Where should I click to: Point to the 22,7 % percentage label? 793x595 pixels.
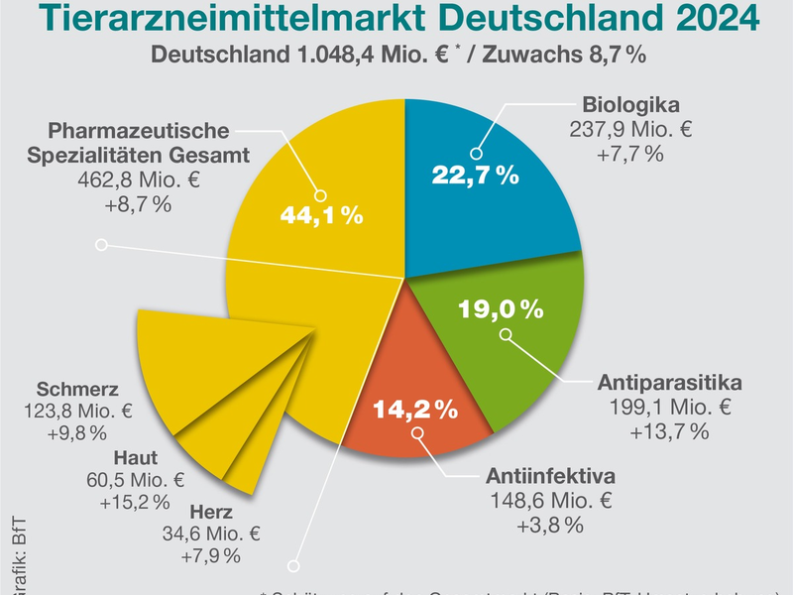pos(476,176)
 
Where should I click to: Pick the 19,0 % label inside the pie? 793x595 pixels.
pos(501,309)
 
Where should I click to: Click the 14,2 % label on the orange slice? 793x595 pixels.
pos(413,408)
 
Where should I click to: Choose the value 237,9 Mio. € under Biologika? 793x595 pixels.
pos(631,130)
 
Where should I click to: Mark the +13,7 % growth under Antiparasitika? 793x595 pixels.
pos(669,430)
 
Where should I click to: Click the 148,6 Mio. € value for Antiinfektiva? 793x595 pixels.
pos(552,499)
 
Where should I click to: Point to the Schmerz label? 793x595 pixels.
pos(77,388)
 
